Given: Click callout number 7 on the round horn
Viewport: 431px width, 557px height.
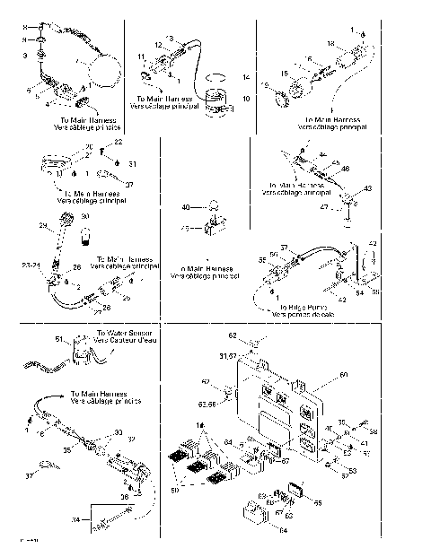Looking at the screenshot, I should point(80,61).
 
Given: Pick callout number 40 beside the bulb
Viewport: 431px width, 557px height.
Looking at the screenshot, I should point(186,207).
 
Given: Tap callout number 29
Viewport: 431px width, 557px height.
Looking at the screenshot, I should point(41,223).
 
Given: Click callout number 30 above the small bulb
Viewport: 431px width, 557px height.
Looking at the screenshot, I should point(86,216).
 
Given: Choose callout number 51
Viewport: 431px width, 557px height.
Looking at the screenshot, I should point(60,339).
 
